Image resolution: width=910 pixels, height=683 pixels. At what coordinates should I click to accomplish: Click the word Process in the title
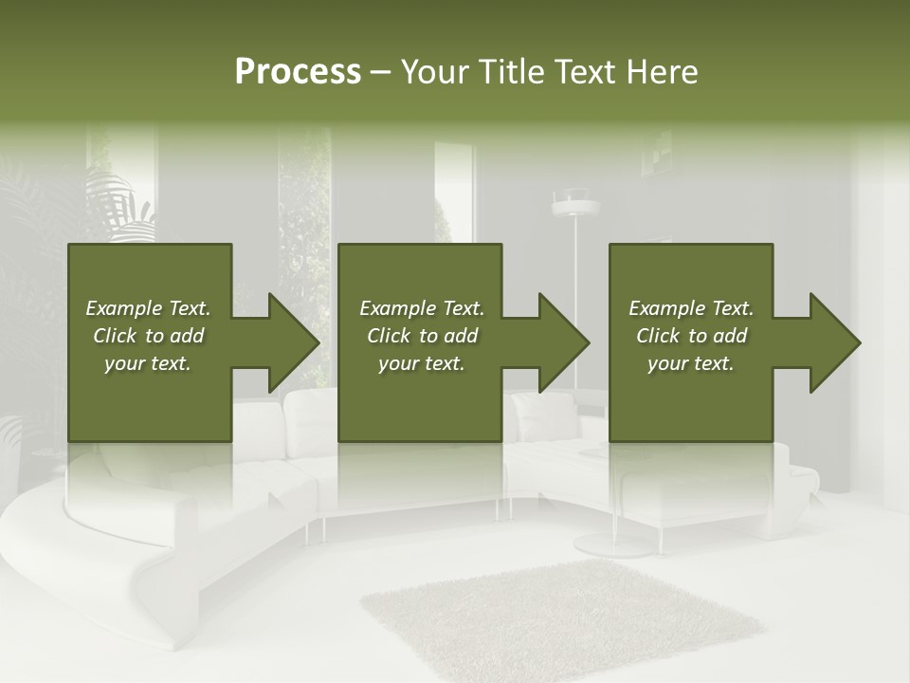tap(298, 72)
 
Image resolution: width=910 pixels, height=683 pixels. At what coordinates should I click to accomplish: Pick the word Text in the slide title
tap(588, 72)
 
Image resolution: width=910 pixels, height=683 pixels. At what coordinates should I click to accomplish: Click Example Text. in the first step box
tap(148, 308)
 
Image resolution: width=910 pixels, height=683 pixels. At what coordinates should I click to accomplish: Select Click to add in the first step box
tap(148, 336)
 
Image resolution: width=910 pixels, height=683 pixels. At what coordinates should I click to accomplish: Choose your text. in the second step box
tap(422, 363)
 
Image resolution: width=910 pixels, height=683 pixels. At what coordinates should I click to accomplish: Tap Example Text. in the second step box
tap(422, 308)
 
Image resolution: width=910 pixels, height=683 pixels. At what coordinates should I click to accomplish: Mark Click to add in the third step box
tap(691, 336)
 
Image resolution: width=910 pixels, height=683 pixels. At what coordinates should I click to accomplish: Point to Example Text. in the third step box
tap(691, 308)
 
